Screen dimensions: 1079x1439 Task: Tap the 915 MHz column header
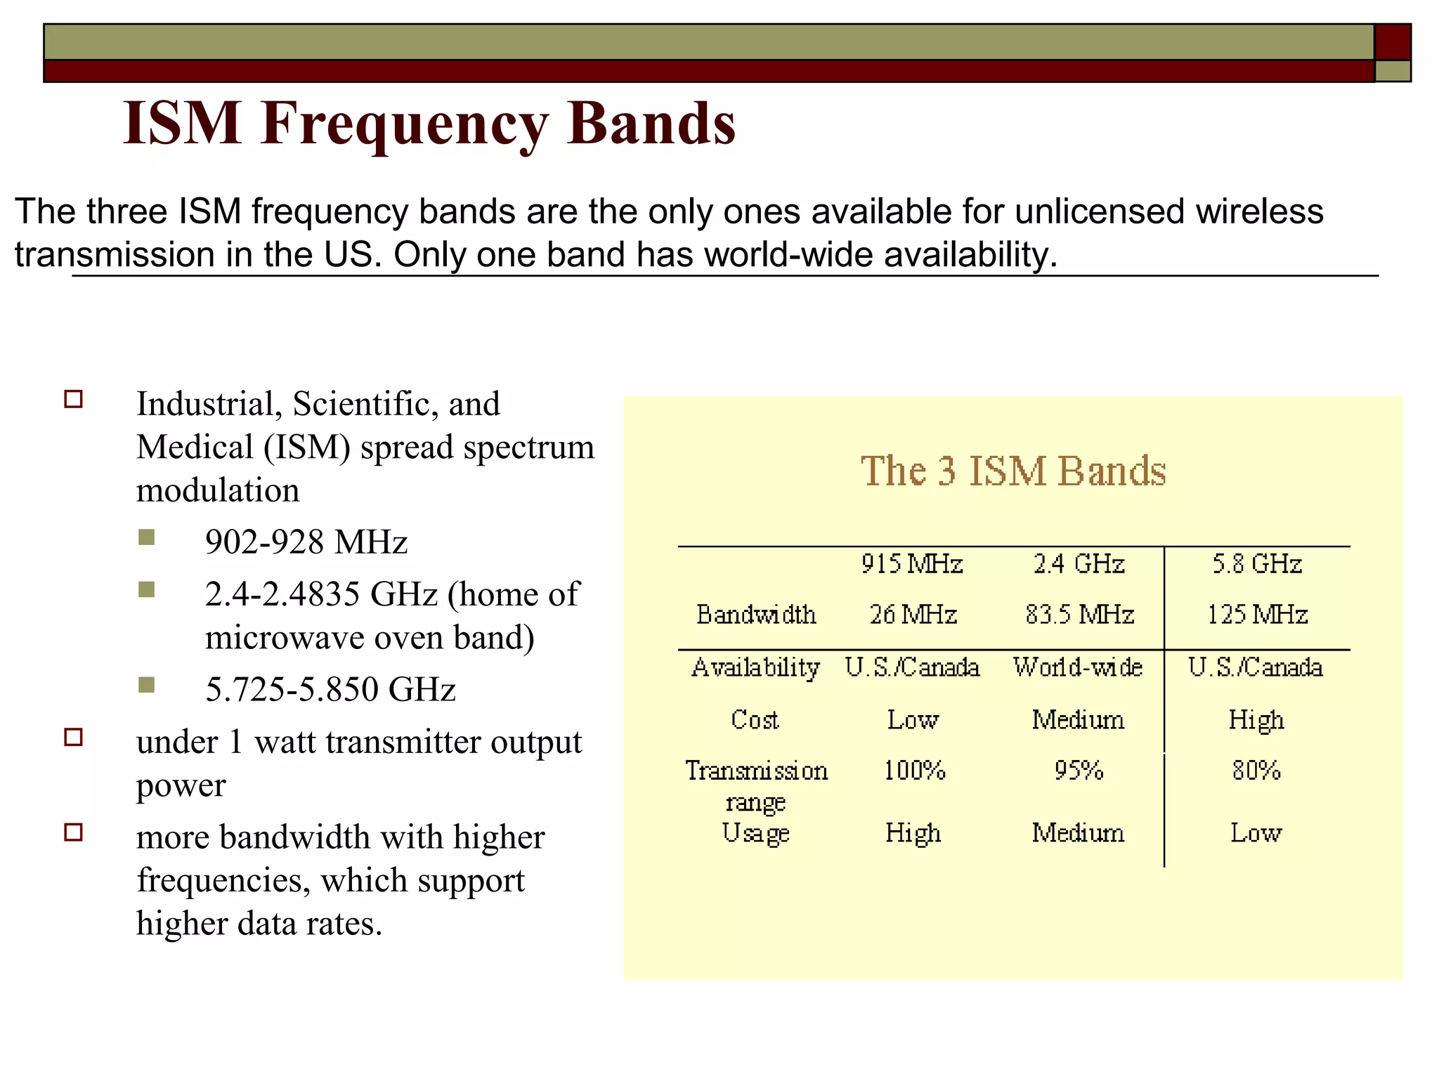pos(911,563)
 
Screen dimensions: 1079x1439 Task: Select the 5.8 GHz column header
pos(1256,563)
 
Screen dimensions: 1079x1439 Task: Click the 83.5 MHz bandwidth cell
pos(1079,615)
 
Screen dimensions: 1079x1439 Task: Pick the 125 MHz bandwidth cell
pos(1256,615)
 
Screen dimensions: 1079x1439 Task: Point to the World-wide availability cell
pos(1078,667)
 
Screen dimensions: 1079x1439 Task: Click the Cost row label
pos(755,719)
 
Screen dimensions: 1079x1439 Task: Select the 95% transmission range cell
pos(1079,771)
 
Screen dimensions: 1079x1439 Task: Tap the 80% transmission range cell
pos(1256,771)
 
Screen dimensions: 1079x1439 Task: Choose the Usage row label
pos(755,833)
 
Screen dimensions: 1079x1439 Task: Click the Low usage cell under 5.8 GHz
pos(1256,833)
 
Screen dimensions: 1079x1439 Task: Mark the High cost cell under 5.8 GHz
pos(1256,720)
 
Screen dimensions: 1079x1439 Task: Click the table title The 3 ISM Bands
pos(1012,471)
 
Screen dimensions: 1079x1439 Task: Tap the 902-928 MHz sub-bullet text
pos(306,542)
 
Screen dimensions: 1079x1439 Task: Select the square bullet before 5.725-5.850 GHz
pos(147,685)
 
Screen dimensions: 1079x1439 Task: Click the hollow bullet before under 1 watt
pos(74,737)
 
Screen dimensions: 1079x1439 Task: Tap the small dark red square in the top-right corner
pos(1392,42)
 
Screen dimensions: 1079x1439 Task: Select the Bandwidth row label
pos(755,615)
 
